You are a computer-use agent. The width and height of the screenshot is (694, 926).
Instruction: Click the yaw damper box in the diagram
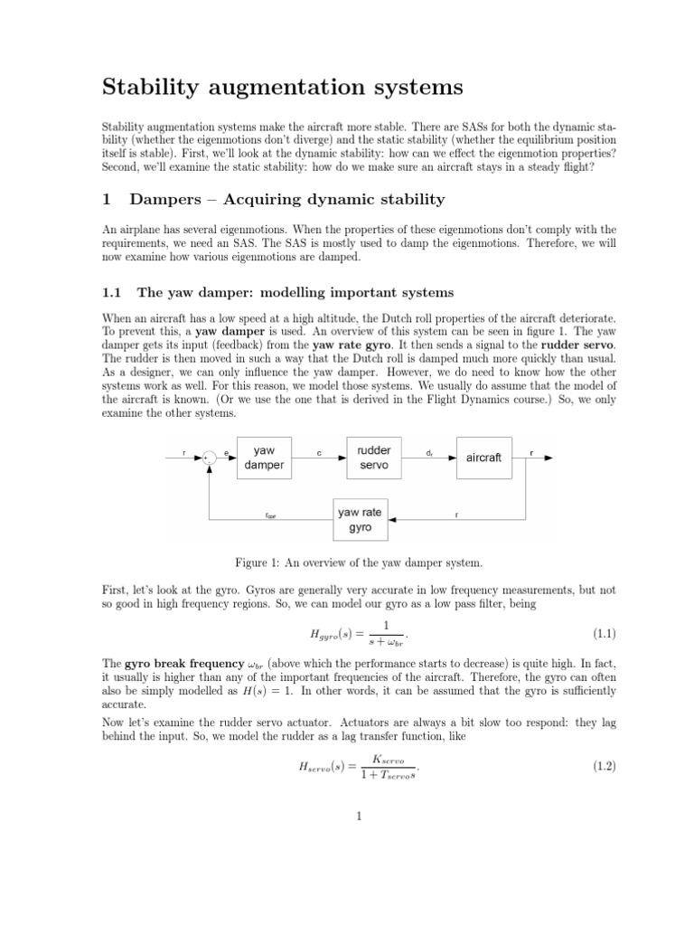263,458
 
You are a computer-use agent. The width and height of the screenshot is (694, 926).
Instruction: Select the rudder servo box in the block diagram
373,458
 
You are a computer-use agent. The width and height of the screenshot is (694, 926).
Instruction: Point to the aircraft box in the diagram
483,458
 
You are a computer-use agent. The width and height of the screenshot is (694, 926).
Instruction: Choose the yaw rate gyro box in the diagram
360,519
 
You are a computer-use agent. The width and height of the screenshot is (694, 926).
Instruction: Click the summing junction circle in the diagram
211,458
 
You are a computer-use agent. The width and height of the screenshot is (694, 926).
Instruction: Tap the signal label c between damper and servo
319,449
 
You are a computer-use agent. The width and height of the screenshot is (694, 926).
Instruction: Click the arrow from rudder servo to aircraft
428,458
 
